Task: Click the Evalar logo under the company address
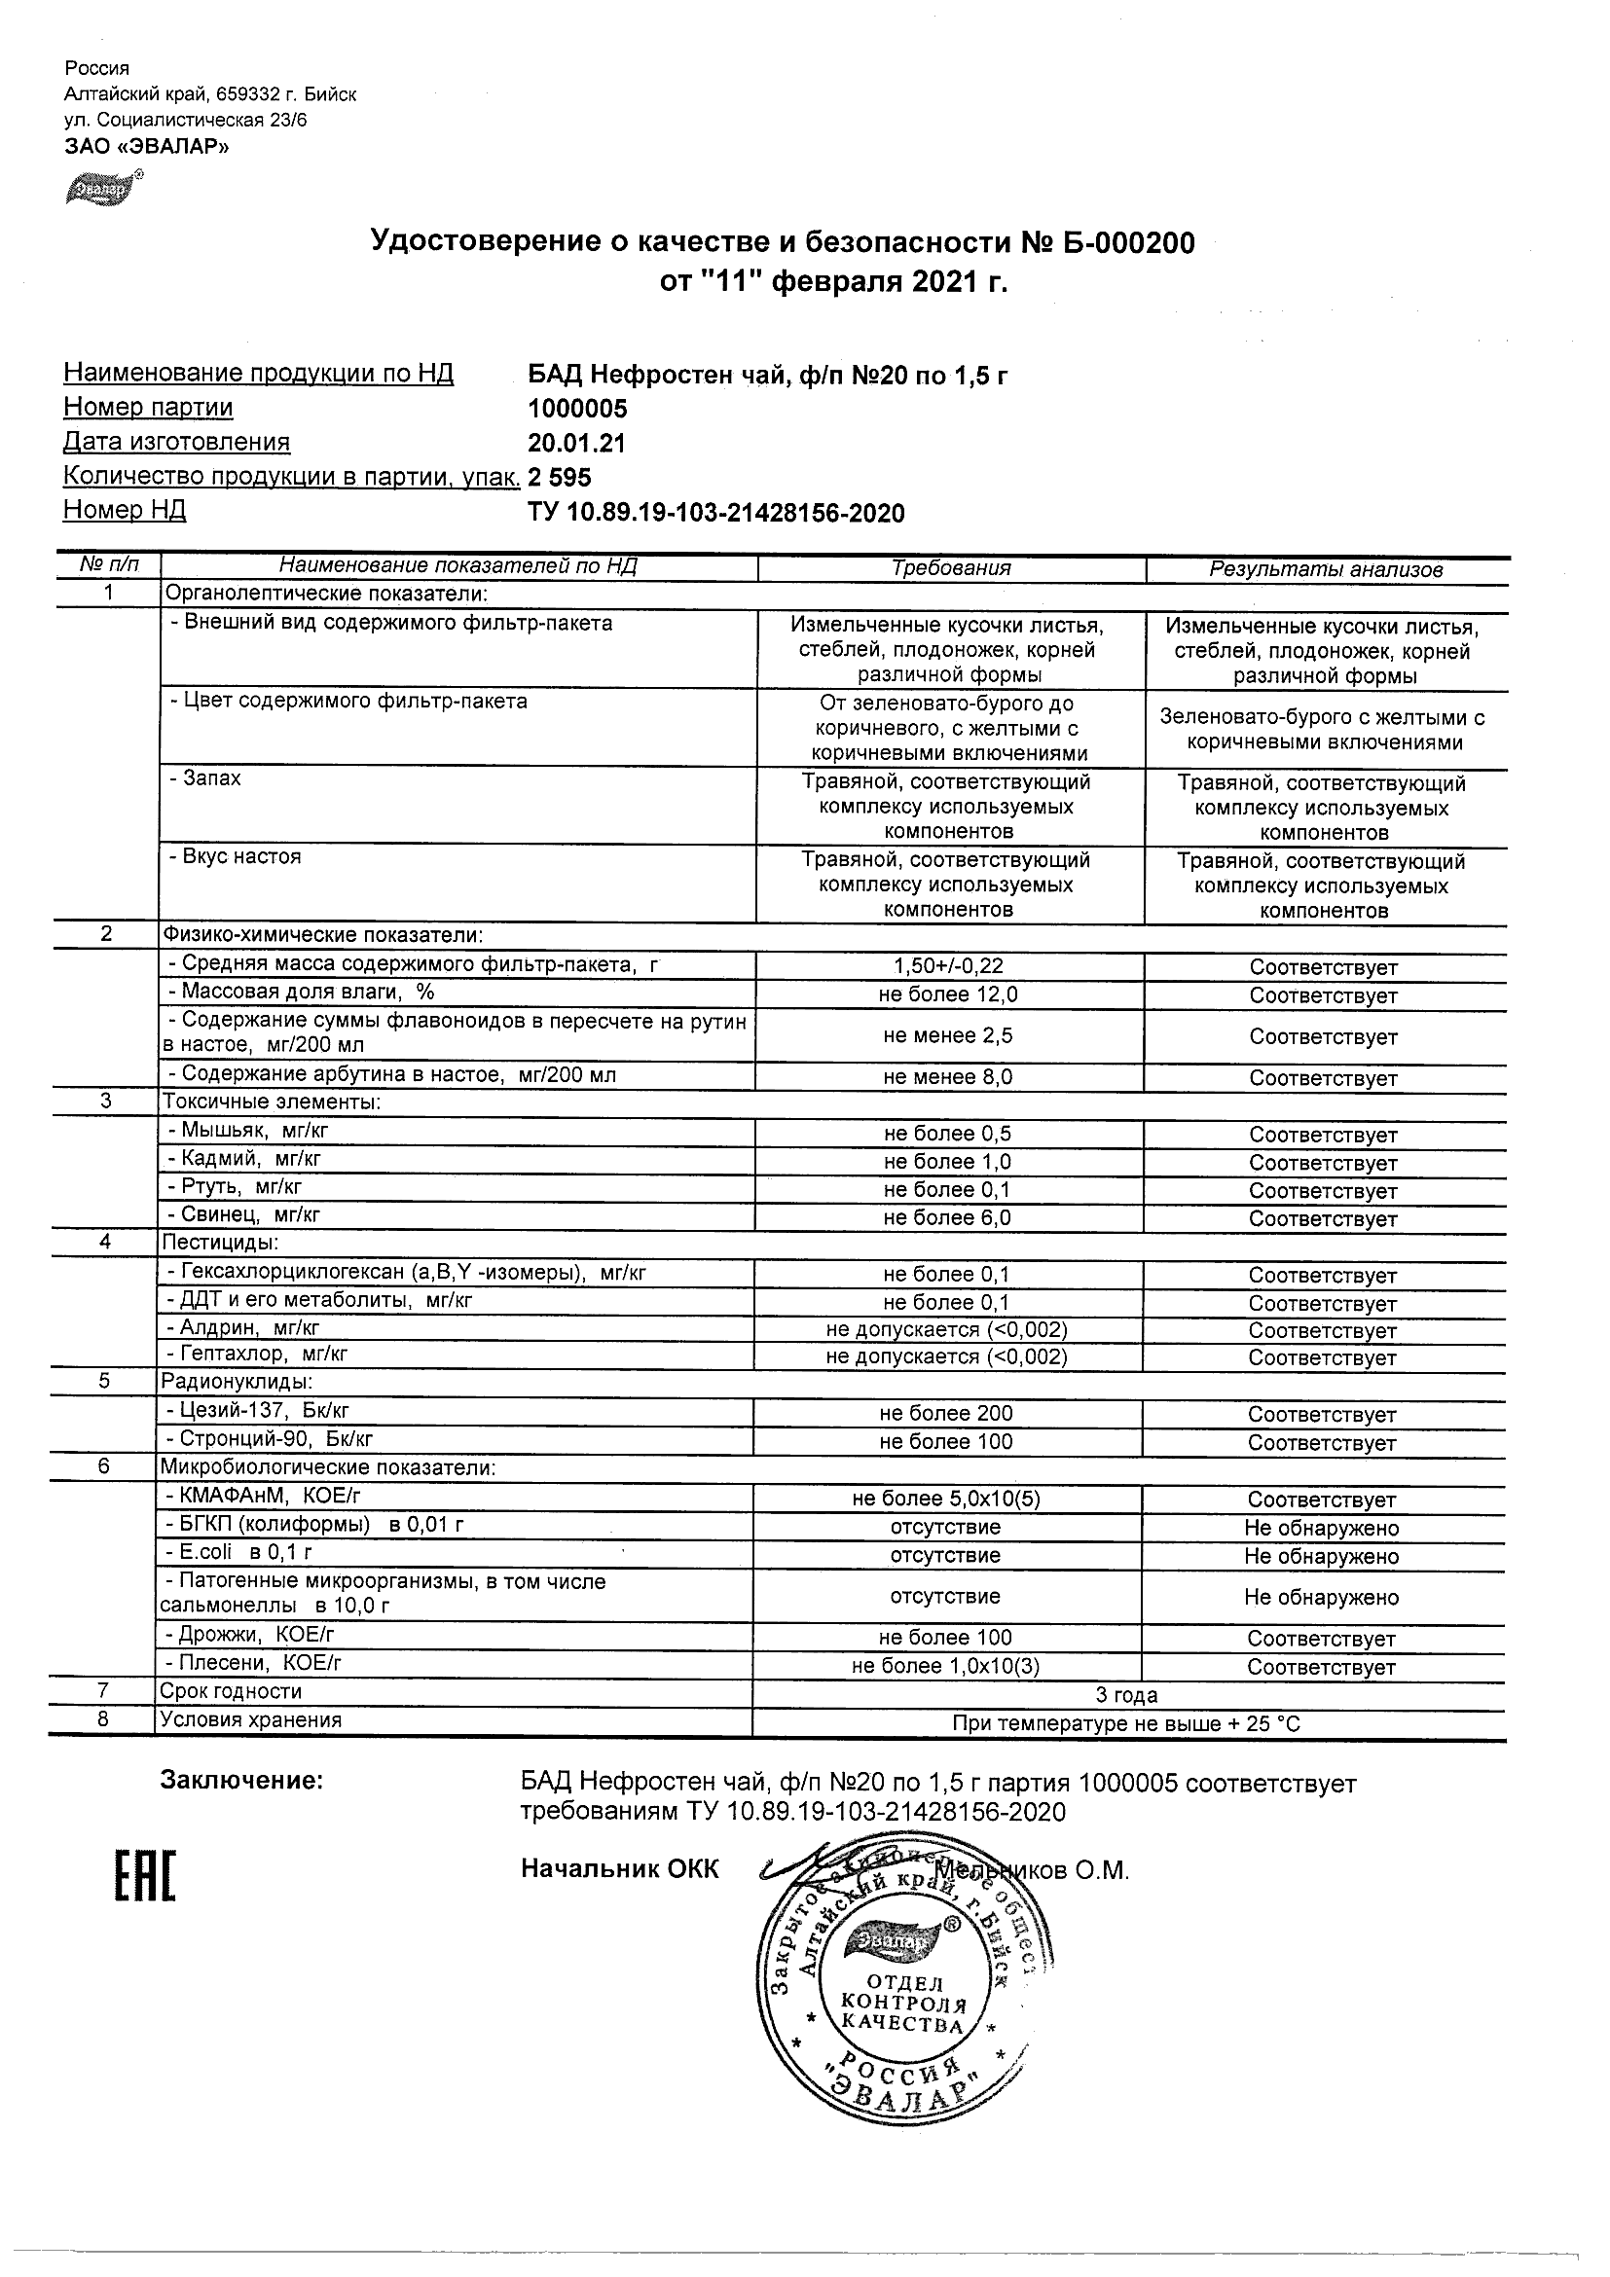coord(103,189)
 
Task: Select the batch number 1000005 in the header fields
coord(577,409)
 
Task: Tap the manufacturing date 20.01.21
coord(576,444)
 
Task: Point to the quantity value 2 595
coord(560,478)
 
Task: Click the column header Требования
coord(950,568)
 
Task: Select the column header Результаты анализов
coord(1326,569)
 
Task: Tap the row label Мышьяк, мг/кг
coord(248,1130)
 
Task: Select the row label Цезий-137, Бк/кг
coord(258,1410)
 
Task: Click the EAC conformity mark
coord(145,1876)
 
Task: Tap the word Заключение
coord(241,1781)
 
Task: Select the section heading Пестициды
coord(220,1242)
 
